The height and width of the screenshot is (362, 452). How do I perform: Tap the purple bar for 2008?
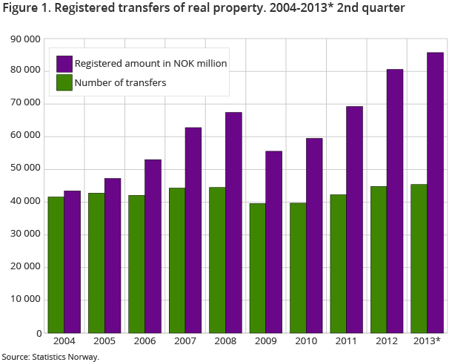pos(233,223)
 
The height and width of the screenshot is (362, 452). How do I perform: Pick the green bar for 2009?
pos(257,268)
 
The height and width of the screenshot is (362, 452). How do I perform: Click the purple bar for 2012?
pos(394,201)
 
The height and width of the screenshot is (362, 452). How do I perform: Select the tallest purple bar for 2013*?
pos(435,193)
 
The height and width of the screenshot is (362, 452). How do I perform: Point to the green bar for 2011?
pos(338,263)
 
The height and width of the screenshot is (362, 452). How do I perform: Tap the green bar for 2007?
pos(176,260)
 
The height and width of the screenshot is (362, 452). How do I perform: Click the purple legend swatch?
pos(64,64)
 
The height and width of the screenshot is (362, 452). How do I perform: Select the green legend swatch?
pos(64,82)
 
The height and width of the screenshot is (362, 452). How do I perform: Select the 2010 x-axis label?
pos(306,340)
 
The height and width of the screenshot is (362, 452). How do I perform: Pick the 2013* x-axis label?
pos(427,340)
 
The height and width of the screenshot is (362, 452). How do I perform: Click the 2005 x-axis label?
pos(104,340)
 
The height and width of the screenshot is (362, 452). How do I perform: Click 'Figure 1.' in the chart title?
pos(27,9)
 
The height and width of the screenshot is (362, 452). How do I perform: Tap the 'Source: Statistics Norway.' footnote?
pos(50,357)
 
